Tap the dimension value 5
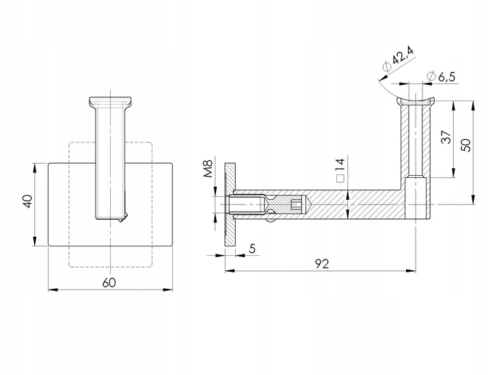[252, 249]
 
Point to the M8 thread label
[210, 168]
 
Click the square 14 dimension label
[339, 168]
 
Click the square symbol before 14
[339, 179]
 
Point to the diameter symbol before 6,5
[429, 75]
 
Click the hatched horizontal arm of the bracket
[355, 204]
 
